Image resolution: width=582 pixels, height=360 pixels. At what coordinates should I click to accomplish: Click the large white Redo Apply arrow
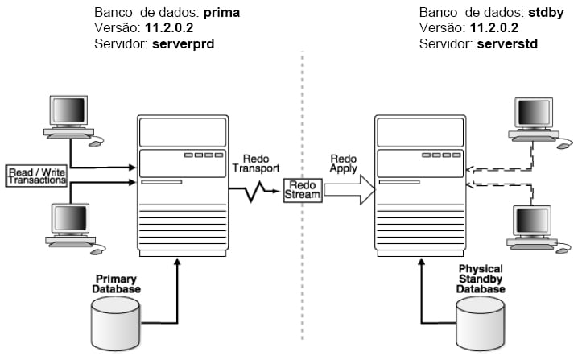click(x=347, y=191)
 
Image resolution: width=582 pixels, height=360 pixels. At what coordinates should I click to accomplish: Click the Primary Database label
click(x=116, y=283)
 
